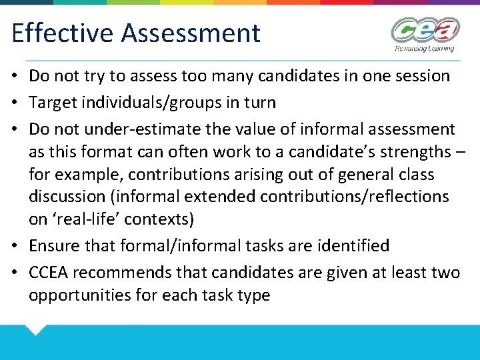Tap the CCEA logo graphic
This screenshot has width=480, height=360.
click(x=425, y=30)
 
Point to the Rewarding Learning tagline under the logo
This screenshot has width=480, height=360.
click(x=424, y=48)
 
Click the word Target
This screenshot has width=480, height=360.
click(x=51, y=103)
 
